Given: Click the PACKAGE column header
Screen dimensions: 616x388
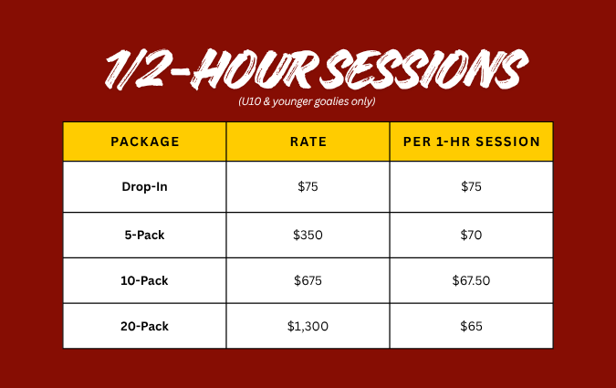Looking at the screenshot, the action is tap(144, 142).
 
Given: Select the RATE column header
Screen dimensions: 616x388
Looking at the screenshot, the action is tap(308, 142).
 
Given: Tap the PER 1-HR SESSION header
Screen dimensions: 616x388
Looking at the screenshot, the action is tap(472, 142).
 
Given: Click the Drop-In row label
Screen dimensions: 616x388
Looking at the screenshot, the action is tap(144, 187).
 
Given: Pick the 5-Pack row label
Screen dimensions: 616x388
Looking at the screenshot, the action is tap(144, 235).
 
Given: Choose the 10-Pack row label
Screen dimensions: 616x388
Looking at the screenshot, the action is tap(144, 280).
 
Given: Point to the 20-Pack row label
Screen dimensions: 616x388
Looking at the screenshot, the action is tap(144, 326).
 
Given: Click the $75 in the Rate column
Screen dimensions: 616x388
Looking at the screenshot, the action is tap(308, 187).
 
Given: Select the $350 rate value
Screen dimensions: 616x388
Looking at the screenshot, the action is tap(308, 235).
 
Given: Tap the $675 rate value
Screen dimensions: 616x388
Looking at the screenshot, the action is tap(308, 280).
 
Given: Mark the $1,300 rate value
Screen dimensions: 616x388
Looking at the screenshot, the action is tap(308, 326).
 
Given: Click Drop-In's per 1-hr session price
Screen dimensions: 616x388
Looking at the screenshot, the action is tap(472, 187).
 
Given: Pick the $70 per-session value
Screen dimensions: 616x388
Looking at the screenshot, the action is tap(472, 235).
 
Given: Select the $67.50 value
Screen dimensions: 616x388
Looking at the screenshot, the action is tap(472, 280).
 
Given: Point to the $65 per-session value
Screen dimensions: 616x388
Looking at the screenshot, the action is tap(472, 326).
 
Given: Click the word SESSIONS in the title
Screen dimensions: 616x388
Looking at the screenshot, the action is tap(424, 69).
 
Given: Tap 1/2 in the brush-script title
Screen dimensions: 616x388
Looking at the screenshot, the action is tap(134, 69).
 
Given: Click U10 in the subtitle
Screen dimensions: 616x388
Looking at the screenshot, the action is tap(250, 102).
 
